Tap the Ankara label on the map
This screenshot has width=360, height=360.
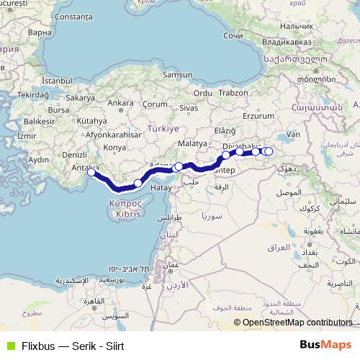coord(117,103)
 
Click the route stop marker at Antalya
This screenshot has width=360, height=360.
coord(91,171)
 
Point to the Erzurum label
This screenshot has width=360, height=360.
coord(260,115)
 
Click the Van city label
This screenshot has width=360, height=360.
coord(292,134)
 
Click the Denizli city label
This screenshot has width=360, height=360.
coord(74,155)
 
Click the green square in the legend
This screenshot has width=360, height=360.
coord(9,346)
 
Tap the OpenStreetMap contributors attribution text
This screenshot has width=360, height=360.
coord(297,323)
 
